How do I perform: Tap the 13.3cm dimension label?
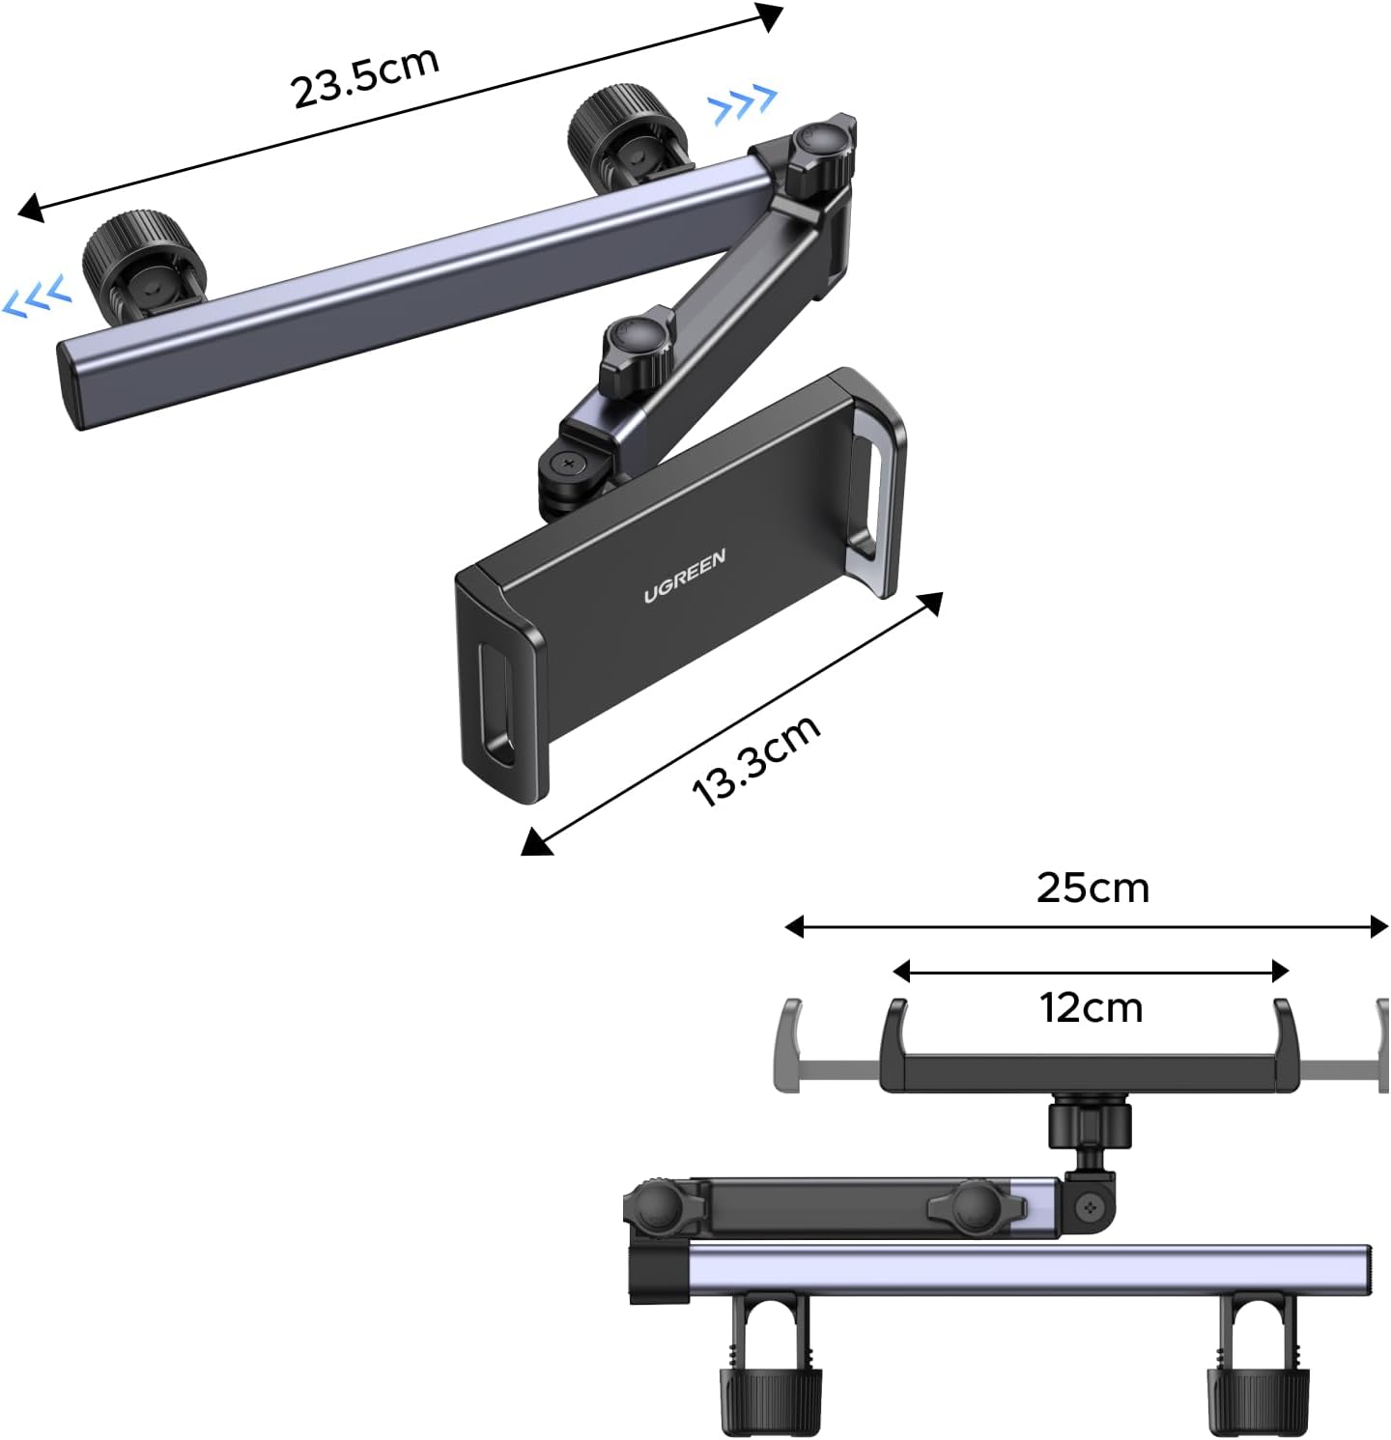point(756,761)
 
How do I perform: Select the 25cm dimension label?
point(1093,888)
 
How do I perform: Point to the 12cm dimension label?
point(1092,1007)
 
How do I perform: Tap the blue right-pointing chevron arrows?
point(743,104)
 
